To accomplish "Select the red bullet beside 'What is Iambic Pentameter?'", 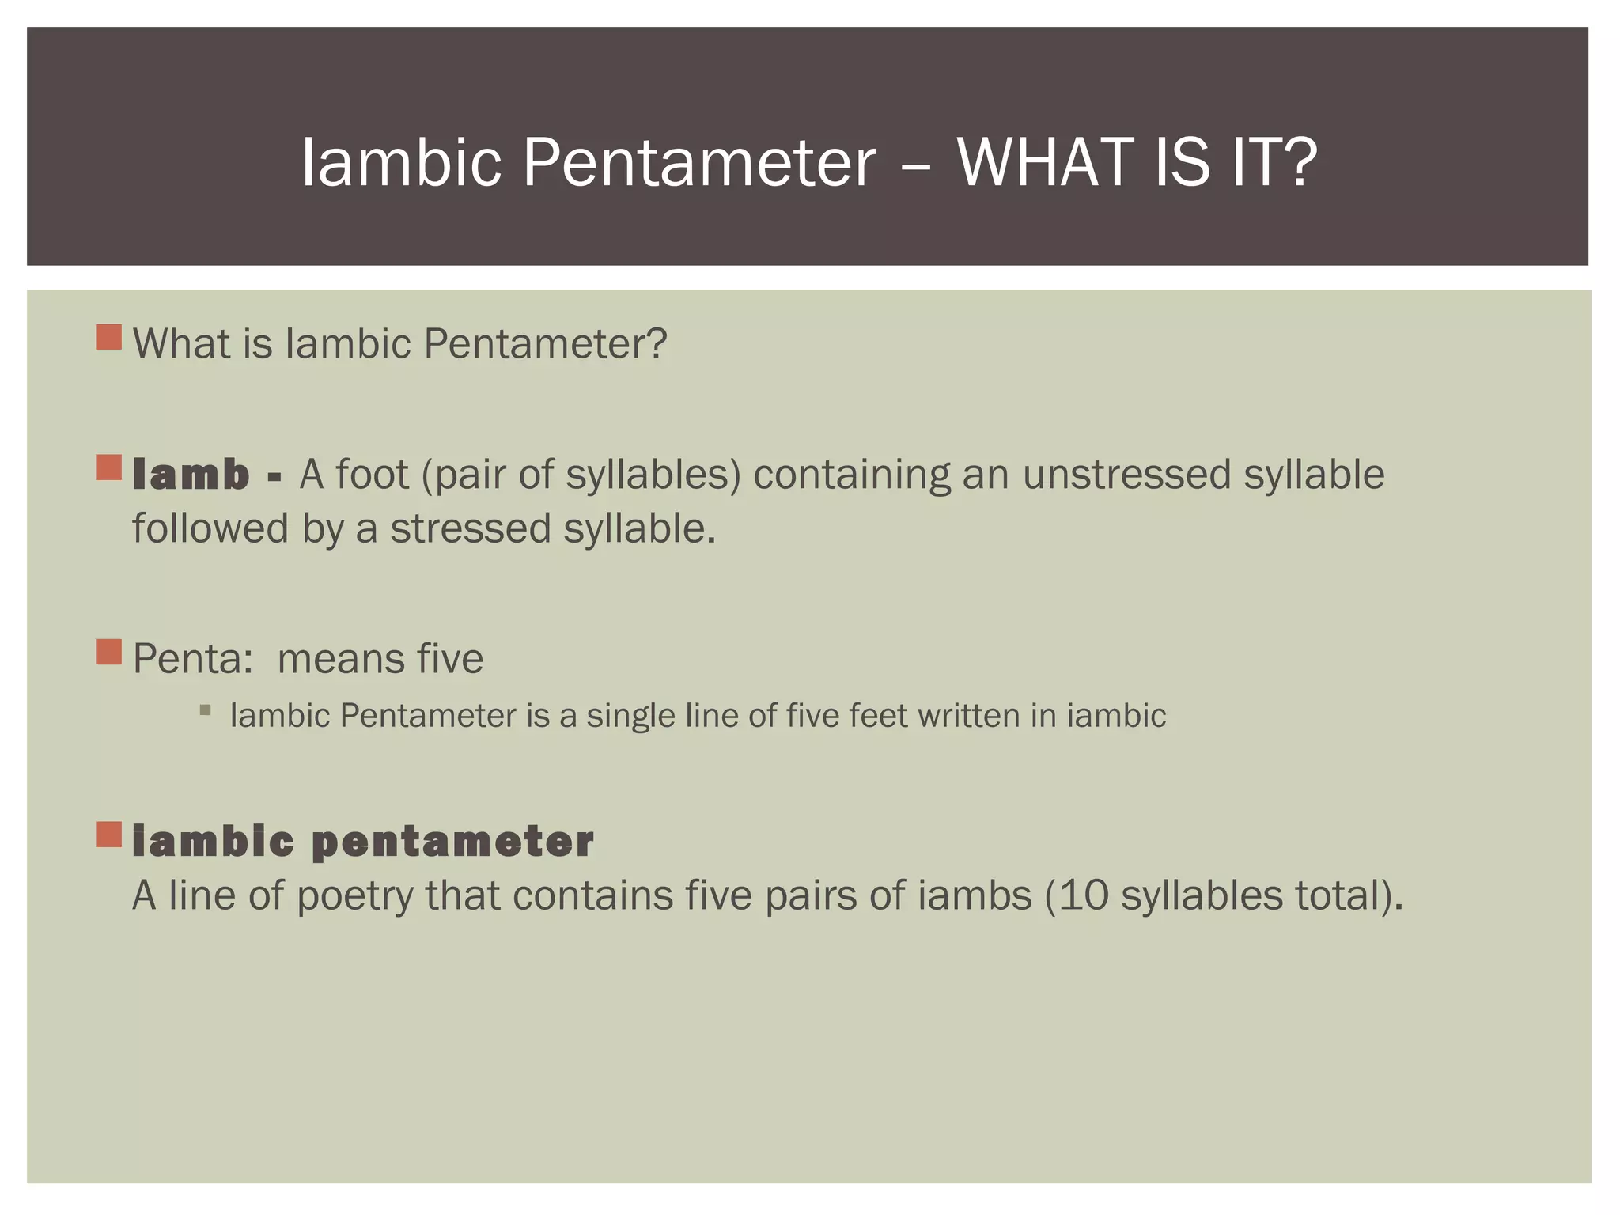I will pos(109,337).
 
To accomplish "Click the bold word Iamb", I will pos(191,475).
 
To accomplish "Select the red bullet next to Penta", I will pos(109,653).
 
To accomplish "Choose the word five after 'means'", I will pos(449,658).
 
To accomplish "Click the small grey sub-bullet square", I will pos(206,710).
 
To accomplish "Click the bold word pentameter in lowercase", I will pos(452,841).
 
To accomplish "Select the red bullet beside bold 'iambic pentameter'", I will pos(109,835).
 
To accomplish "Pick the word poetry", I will pos(355,897).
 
